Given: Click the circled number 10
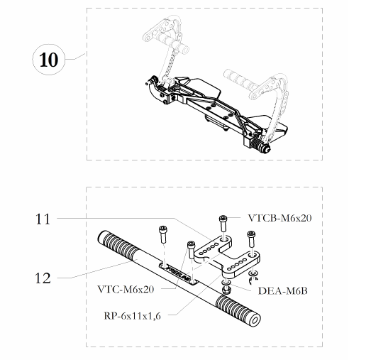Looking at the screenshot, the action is (x=48, y=60).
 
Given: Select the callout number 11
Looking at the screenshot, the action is (x=43, y=219).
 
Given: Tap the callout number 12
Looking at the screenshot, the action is (x=43, y=278).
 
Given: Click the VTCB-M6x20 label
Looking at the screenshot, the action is (x=280, y=218).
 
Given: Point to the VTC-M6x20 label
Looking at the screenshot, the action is (x=126, y=289).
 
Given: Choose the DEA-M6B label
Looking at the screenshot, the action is (x=283, y=291).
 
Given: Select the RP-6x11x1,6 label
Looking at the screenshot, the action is (x=133, y=316).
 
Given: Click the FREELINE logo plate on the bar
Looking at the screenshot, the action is (x=178, y=273).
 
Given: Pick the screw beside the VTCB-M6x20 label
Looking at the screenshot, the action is (x=223, y=223).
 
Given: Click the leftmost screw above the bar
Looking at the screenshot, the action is (x=162, y=234).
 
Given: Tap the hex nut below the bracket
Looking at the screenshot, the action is (x=226, y=290).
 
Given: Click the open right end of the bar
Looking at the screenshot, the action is (x=255, y=321).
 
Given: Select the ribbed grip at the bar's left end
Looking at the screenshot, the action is (x=118, y=245).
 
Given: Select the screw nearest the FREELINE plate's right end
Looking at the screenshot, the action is (x=191, y=249).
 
